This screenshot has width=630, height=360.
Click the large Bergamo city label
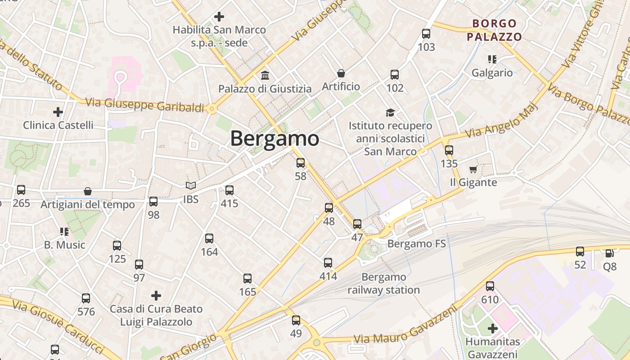pos(274,139)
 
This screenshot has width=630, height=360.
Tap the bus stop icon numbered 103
pos(426,34)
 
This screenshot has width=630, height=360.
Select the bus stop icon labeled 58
pos(301,163)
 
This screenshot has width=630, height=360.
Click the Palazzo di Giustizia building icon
pos(265,75)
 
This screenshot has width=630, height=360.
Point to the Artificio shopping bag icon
pos(341,73)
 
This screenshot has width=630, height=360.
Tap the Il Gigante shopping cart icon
pos(473,169)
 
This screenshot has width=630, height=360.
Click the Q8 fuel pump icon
pos(609,253)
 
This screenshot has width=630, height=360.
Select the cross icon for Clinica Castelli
pos(58,112)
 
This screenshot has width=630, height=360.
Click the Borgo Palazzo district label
pos(494,30)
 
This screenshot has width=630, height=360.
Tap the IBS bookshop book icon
pos(191,185)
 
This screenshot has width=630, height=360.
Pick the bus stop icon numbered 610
pos(490,286)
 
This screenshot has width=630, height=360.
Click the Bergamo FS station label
pos(416,244)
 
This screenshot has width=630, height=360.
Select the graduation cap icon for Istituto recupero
pos(390,112)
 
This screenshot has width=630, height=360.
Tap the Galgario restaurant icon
pos(492,59)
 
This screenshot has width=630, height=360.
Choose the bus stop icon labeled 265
pos(21,190)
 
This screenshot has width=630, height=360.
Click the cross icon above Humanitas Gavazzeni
pos(493,328)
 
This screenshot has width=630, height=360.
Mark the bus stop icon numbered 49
pos(296,320)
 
